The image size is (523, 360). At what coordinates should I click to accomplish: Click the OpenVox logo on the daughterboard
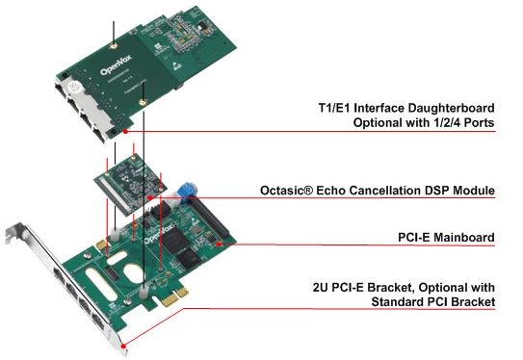pyautogui.click(x=116, y=66)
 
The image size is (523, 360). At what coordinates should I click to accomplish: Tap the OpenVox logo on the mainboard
pyautogui.click(x=158, y=234)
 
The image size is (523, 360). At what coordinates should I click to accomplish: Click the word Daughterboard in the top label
pyautogui.click(x=451, y=108)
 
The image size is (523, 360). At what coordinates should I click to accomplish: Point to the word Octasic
pyautogui.click(x=286, y=191)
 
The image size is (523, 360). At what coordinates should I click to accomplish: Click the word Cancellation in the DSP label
pyautogui.click(x=369, y=191)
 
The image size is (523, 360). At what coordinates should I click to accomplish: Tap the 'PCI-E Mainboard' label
pyautogui.click(x=446, y=238)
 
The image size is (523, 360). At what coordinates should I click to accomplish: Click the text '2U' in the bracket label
pyautogui.click(x=320, y=288)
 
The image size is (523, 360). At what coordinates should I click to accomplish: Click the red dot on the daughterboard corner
pyautogui.click(x=125, y=132)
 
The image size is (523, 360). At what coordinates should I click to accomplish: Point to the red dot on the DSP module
pyautogui.click(x=150, y=198)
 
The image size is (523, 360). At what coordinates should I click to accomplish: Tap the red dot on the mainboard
pyautogui.click(x=218, y=244)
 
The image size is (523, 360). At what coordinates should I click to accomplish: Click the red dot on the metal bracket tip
pyautogui.click(x=123, y=347)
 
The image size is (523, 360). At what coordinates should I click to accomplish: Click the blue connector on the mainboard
pyautogui.click(x=186, y=191)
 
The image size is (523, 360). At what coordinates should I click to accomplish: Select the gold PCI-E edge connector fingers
pyautogui.click(x=174, y=296)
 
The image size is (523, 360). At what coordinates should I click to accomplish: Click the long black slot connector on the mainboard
pyautogui.click(x=209, y=218)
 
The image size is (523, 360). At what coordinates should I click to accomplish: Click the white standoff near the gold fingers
pyautogui.click(x=144, y=293)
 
